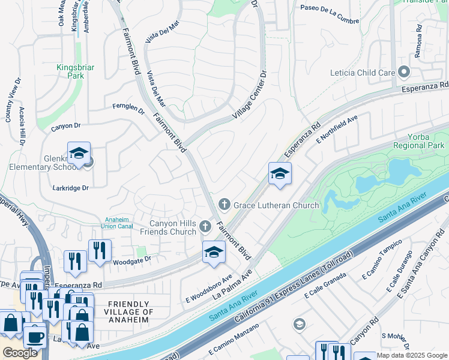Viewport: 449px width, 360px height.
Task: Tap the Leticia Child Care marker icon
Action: pos(404,73)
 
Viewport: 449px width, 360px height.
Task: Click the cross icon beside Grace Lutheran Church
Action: pos(224,205)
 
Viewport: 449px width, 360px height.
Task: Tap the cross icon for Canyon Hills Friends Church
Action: pos(205,227)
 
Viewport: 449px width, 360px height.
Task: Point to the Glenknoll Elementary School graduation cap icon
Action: pos(79,155)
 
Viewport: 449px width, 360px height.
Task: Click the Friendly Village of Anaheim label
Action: pos(129,312)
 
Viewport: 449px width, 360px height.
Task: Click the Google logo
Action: pos(20,353)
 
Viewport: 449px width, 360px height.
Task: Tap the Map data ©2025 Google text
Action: pos(412,355)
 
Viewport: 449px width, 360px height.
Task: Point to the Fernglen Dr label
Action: pos(129,109)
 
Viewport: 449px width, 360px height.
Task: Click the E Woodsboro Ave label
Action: pos(208,288)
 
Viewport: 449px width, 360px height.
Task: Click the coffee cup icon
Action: pos(35,337)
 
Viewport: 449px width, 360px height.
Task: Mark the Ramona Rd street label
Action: pos(419,46)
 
